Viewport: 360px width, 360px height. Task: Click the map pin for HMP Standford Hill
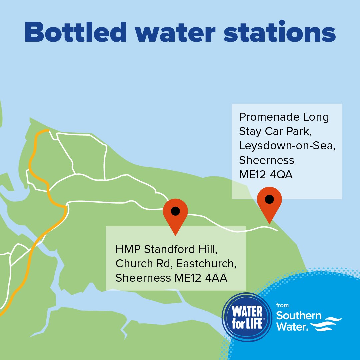click(x=175, y=213)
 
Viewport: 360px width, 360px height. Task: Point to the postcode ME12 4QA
click(x=266, y=175)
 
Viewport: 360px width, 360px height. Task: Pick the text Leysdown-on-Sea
click(x=286, y=146)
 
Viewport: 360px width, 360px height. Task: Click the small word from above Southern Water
click(x=282, y=305)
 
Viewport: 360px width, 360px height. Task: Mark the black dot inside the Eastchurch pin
click(x=175, y=211)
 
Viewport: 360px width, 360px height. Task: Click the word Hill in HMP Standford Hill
click(x=211, y=249)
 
